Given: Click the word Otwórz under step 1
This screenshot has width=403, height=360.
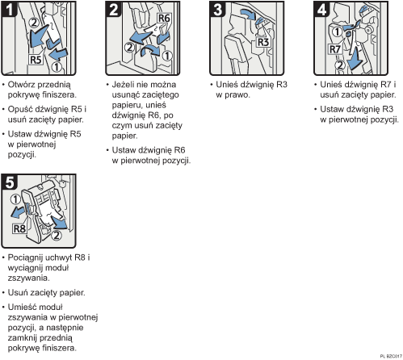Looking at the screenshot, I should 23,85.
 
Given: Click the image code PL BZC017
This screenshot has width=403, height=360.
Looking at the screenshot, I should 388,355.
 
